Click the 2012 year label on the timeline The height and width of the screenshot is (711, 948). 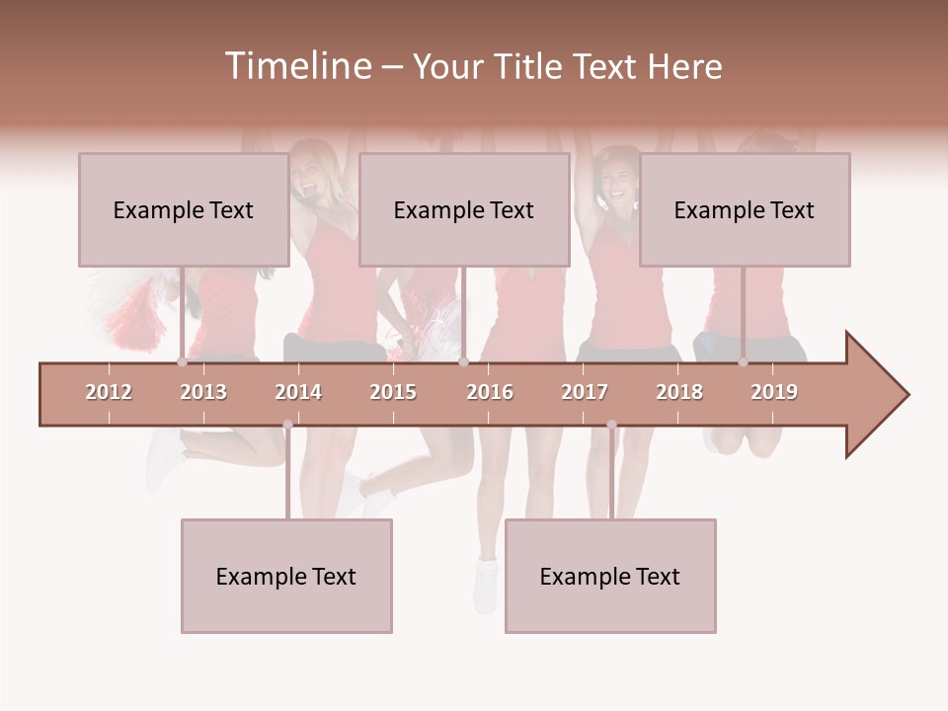[x=109, y=392]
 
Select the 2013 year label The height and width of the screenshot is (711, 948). [x=203, y=392]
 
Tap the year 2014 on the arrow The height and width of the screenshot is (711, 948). [x=298, y=392]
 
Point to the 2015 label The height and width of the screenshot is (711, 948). [x=393, y=392]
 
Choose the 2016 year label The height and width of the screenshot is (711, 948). [x=490, y=392]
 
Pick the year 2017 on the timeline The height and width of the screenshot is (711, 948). [x=585, y=392]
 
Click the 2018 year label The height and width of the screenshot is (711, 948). [x=679, y=392]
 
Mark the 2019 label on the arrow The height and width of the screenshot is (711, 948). [x=774, y=392]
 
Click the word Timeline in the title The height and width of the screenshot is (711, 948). [x=296, y=66]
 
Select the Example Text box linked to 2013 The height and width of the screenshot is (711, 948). [x=184, y=209]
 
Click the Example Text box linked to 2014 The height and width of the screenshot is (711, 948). [x=286, y=576]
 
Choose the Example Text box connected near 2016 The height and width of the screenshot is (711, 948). [x=464, y=209]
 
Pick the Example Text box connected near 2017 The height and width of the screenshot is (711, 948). [x=610, y=576]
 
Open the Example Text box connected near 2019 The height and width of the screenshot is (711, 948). [x=745, y=209]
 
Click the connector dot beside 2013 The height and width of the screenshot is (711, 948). [x=182, y=362]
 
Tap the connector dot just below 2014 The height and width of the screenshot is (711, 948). [x=287, y=425]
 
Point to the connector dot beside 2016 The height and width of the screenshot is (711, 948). [x=463, y=362]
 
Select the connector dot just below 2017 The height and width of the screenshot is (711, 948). [x=611, y=425]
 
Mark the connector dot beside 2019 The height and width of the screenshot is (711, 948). [x=743, y=362]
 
